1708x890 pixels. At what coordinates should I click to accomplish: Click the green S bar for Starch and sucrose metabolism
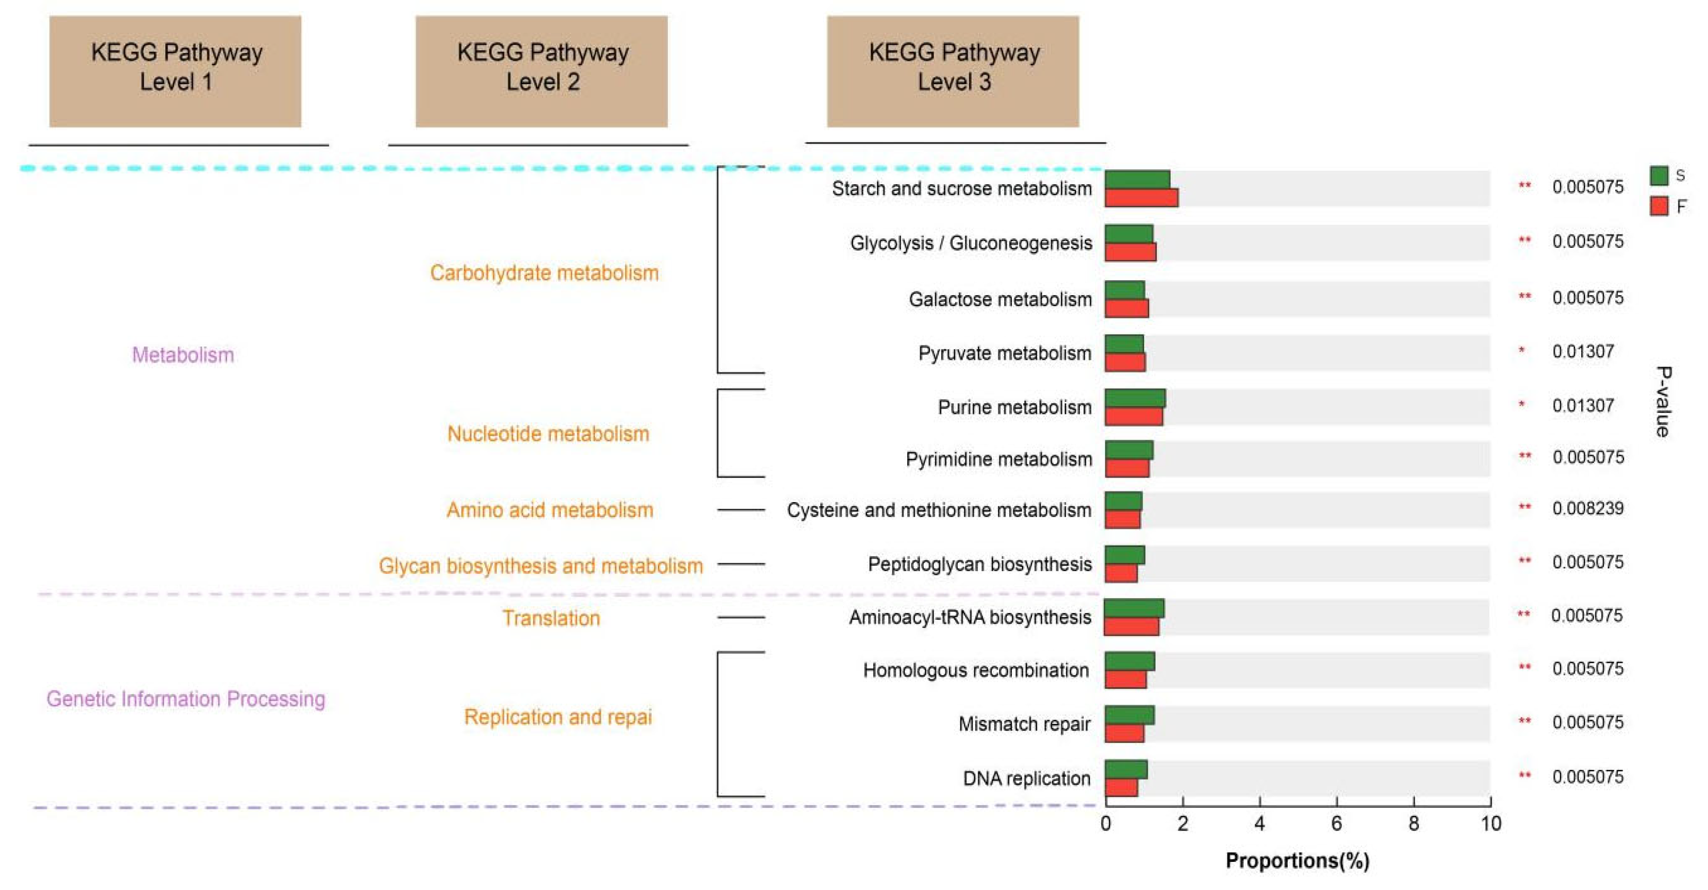(1137, 180)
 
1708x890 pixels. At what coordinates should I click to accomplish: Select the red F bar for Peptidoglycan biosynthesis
(1121, 573)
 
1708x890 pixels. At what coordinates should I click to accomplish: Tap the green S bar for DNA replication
(1126, 770)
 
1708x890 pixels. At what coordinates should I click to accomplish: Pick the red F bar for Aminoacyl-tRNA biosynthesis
(1131, 627)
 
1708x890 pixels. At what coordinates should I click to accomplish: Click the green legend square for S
(1659, 176)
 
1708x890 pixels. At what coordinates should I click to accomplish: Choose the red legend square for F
(1659, 206)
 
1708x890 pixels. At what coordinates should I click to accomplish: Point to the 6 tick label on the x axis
(1336, 824)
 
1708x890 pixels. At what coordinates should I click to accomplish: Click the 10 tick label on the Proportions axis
(1491, 824)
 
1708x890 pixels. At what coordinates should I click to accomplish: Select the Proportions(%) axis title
(1297, 861)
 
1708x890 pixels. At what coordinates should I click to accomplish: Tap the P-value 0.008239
(1588, 508)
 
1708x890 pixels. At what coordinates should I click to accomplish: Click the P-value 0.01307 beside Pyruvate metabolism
(1583, 351)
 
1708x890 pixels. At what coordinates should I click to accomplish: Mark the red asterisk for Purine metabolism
(1522, 404)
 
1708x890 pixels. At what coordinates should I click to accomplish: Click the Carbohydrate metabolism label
(544, 273)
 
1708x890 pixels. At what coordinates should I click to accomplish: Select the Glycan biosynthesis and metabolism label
(540, 566)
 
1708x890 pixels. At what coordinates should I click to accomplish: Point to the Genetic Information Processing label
(186, 699)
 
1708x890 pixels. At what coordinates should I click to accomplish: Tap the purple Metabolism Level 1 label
(183, 355)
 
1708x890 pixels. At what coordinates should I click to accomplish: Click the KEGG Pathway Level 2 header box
(542, 72)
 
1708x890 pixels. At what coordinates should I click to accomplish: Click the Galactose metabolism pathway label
(1000, 299)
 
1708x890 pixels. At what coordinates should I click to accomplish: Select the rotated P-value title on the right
(1663, 401)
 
